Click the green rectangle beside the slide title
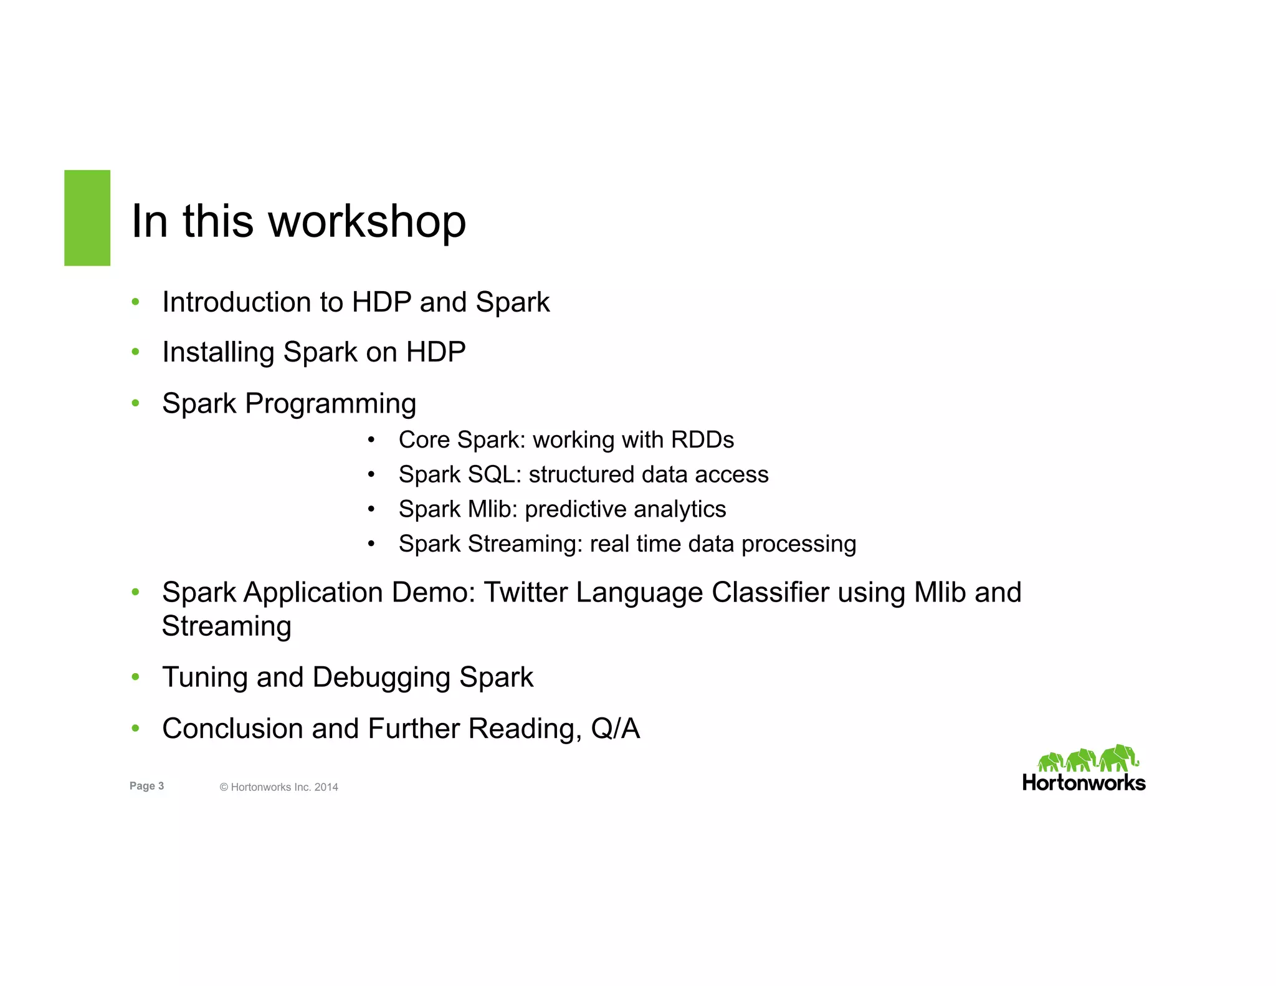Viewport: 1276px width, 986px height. click(x=87, y=218)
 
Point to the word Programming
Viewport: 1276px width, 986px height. click(x=330, y=404)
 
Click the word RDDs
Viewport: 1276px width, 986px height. click(x=702, y=440)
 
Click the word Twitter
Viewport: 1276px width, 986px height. click(x=525, y=592)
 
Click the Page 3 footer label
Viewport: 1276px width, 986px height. click(x=146, y=786)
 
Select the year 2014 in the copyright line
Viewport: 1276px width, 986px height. click(x=326, y=787)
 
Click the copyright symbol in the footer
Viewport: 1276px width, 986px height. click(x=224, y=787)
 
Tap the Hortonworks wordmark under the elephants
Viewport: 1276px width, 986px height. click(x=1083, y=783)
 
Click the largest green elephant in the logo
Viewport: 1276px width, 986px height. click(x=1118, y=758)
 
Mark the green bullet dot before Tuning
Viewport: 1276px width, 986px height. click(x=135, y=677)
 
